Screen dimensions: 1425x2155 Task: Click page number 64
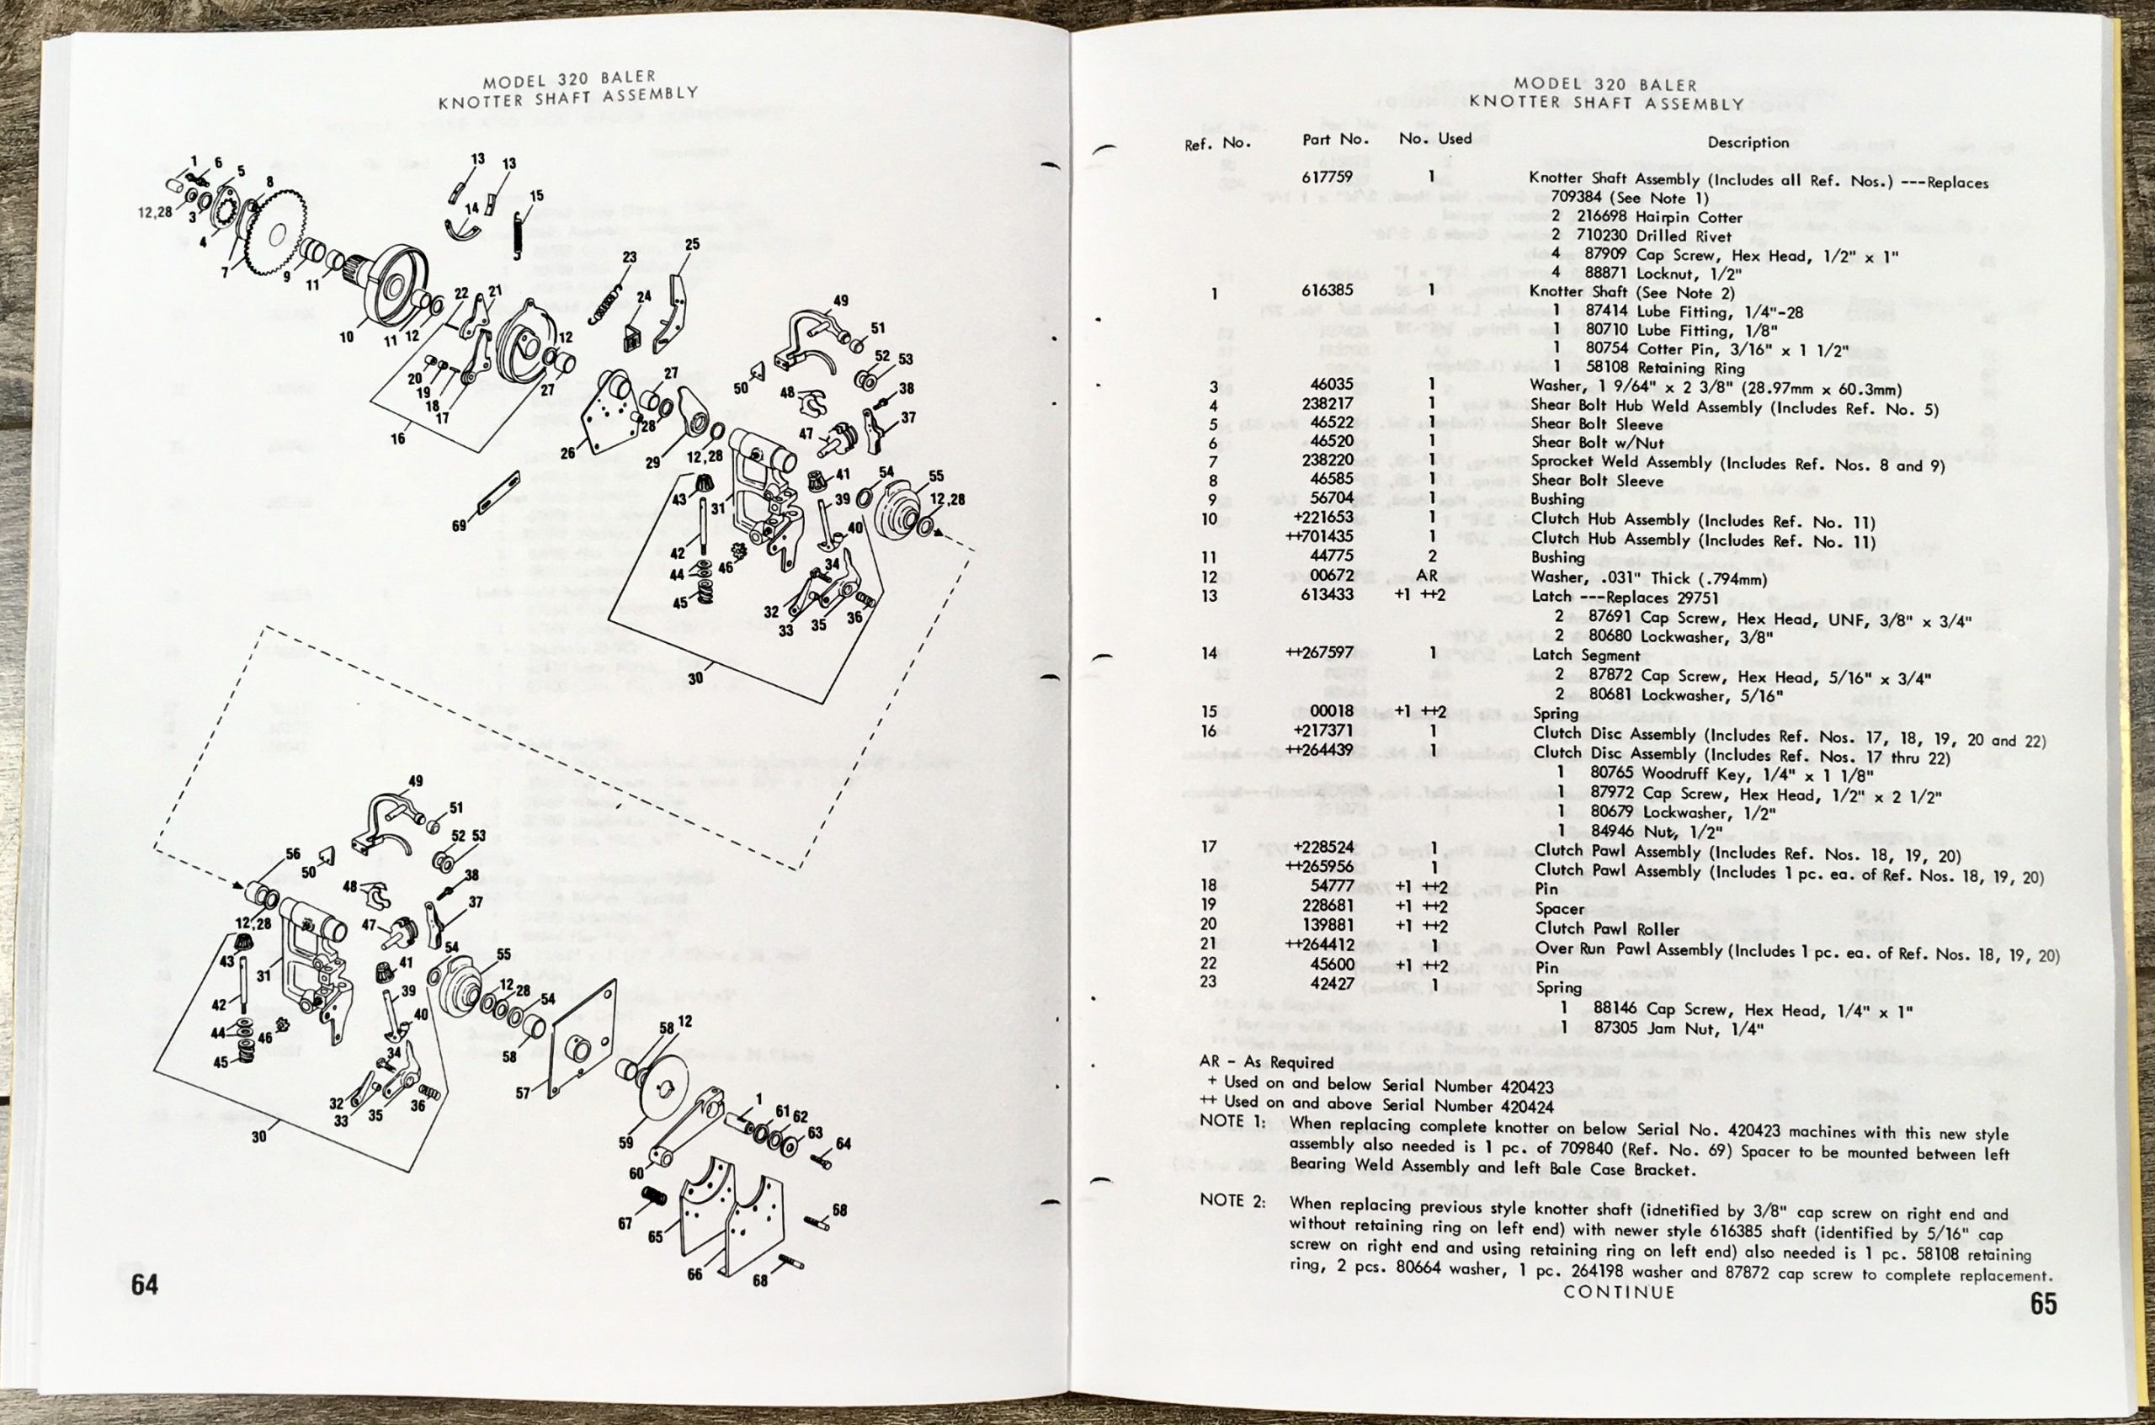tap(145, 1284)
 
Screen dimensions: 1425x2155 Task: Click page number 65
tap(2043, 1304)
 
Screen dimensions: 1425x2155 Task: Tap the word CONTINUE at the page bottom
tap(1619, 1291)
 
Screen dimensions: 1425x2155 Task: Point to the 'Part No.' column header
tap(1335, 139)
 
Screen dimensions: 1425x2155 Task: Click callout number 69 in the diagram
tap(459, 525)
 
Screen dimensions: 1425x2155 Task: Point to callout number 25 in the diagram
tap(693, 244)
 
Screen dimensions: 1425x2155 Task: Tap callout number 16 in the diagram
tap(398, 439)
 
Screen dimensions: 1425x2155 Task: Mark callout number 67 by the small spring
tap(625, 1223)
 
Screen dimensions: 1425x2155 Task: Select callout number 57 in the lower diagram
tap(523, 1093)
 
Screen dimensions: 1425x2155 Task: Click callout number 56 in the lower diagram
tap(293, 853)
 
